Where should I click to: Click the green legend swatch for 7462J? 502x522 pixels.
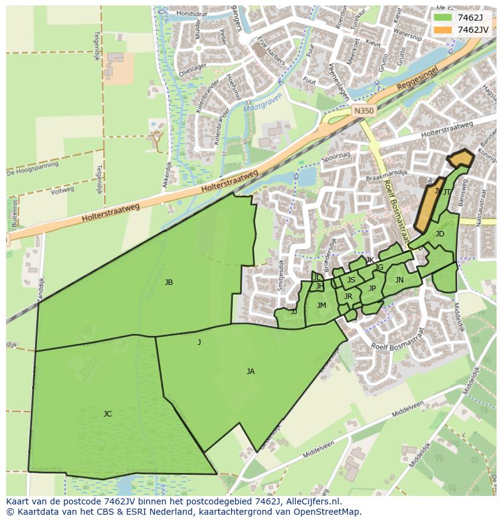tap(443, 17)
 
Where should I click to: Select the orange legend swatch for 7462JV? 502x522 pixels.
tap(443, 29)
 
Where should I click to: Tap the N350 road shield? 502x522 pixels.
tap(363, 111)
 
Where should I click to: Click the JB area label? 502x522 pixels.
tap(169, 282)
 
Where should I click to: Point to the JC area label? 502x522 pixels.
tap(107, 414)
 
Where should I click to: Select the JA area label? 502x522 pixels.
tap(250, 372)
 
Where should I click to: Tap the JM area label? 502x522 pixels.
tap(321, 306)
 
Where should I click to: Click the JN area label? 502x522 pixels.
tap(399, 280)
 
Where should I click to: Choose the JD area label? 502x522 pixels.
tap(440, 234)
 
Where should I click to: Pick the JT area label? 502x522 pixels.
tap(447, 192)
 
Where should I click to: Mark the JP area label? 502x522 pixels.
tap(372, 289)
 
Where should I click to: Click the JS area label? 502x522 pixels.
tap(351, 280)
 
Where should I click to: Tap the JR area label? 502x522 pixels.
tap(348, 296)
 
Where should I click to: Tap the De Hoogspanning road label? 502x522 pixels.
tap(33, 168)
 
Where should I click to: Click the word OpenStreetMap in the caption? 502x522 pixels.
tap(327, 512)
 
